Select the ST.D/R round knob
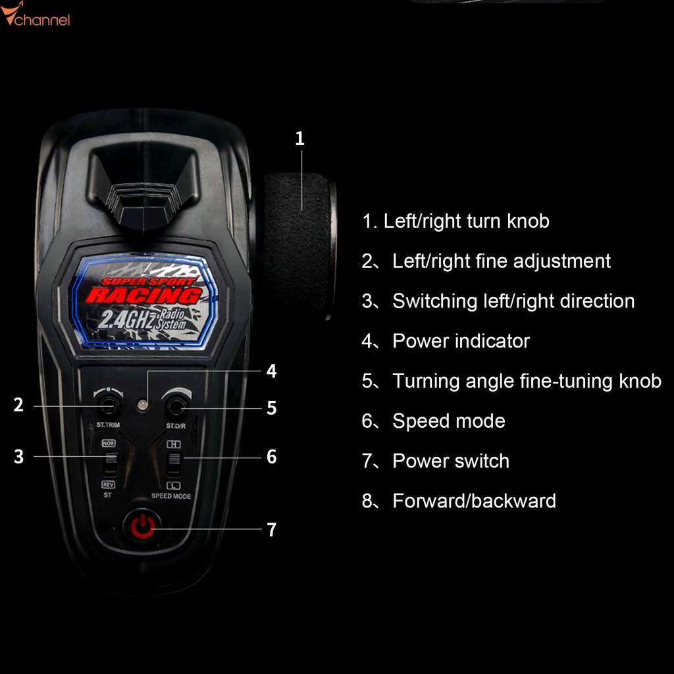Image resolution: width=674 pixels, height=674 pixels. [176, 407]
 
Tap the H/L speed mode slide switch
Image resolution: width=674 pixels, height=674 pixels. [174, 463]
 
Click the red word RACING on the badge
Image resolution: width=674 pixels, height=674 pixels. [143, 295]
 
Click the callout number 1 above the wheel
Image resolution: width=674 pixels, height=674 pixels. [299, 138]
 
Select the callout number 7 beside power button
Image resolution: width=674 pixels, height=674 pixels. [271, 530]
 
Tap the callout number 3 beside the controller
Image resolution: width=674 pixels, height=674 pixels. [18, 456]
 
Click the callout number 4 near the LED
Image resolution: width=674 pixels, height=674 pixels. [271, 371]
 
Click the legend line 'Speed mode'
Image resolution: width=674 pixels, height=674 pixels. [448, 421]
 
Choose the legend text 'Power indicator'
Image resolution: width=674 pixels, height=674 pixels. [461, 341]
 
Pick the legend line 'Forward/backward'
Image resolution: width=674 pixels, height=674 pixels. [474, 501]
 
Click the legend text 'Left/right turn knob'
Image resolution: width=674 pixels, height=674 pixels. [466, 220]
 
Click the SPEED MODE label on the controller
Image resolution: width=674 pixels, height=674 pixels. [171, 496]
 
